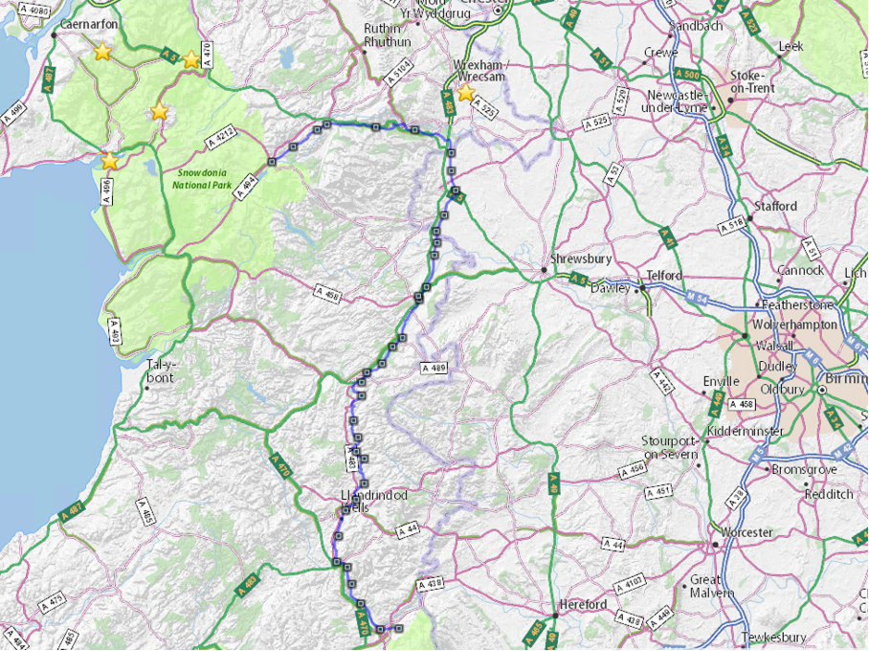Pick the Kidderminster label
[746, 432]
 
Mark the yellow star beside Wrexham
[465, 93]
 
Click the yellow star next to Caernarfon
[102, 52]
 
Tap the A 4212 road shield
[221, 140]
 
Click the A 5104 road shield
[400, 76]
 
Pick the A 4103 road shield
[633, 581]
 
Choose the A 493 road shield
[114, 334]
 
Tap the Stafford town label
[775, 206]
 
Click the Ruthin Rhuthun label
[388, 35]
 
